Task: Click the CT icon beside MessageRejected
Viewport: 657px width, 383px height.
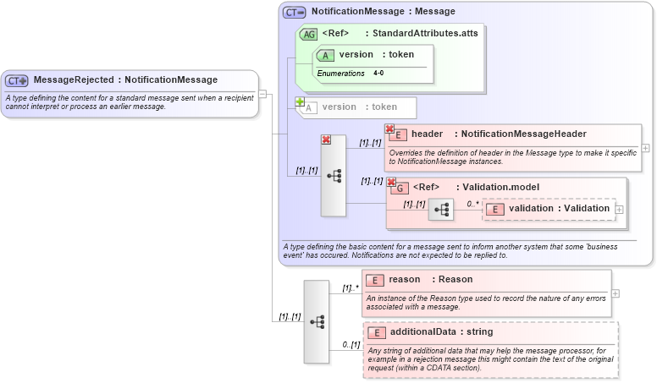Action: click(17, 80)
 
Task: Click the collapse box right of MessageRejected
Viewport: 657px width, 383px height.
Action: click(262, 94)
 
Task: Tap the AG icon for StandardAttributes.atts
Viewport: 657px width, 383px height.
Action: click(309, 35)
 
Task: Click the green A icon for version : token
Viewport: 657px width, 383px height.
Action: click(325, 55)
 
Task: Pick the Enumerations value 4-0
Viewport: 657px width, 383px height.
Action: click(378, 74)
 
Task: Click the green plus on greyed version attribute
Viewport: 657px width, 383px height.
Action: click(300, 102)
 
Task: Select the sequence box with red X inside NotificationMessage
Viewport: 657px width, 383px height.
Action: click(334, 176)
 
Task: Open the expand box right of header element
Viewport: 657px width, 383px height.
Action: click(646, 146)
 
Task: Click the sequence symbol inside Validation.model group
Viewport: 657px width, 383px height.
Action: click(441, 209)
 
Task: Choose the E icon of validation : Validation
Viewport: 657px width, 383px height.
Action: click(495, 209)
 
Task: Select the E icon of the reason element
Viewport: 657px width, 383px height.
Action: click(375, 280)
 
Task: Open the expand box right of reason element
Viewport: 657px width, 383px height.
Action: click(616, 293)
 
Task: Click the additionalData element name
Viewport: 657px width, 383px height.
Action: click(428, 331)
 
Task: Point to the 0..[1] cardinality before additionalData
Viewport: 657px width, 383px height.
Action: click(351, 344)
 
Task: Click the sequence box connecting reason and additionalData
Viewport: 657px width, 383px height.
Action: click(317, 321)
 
